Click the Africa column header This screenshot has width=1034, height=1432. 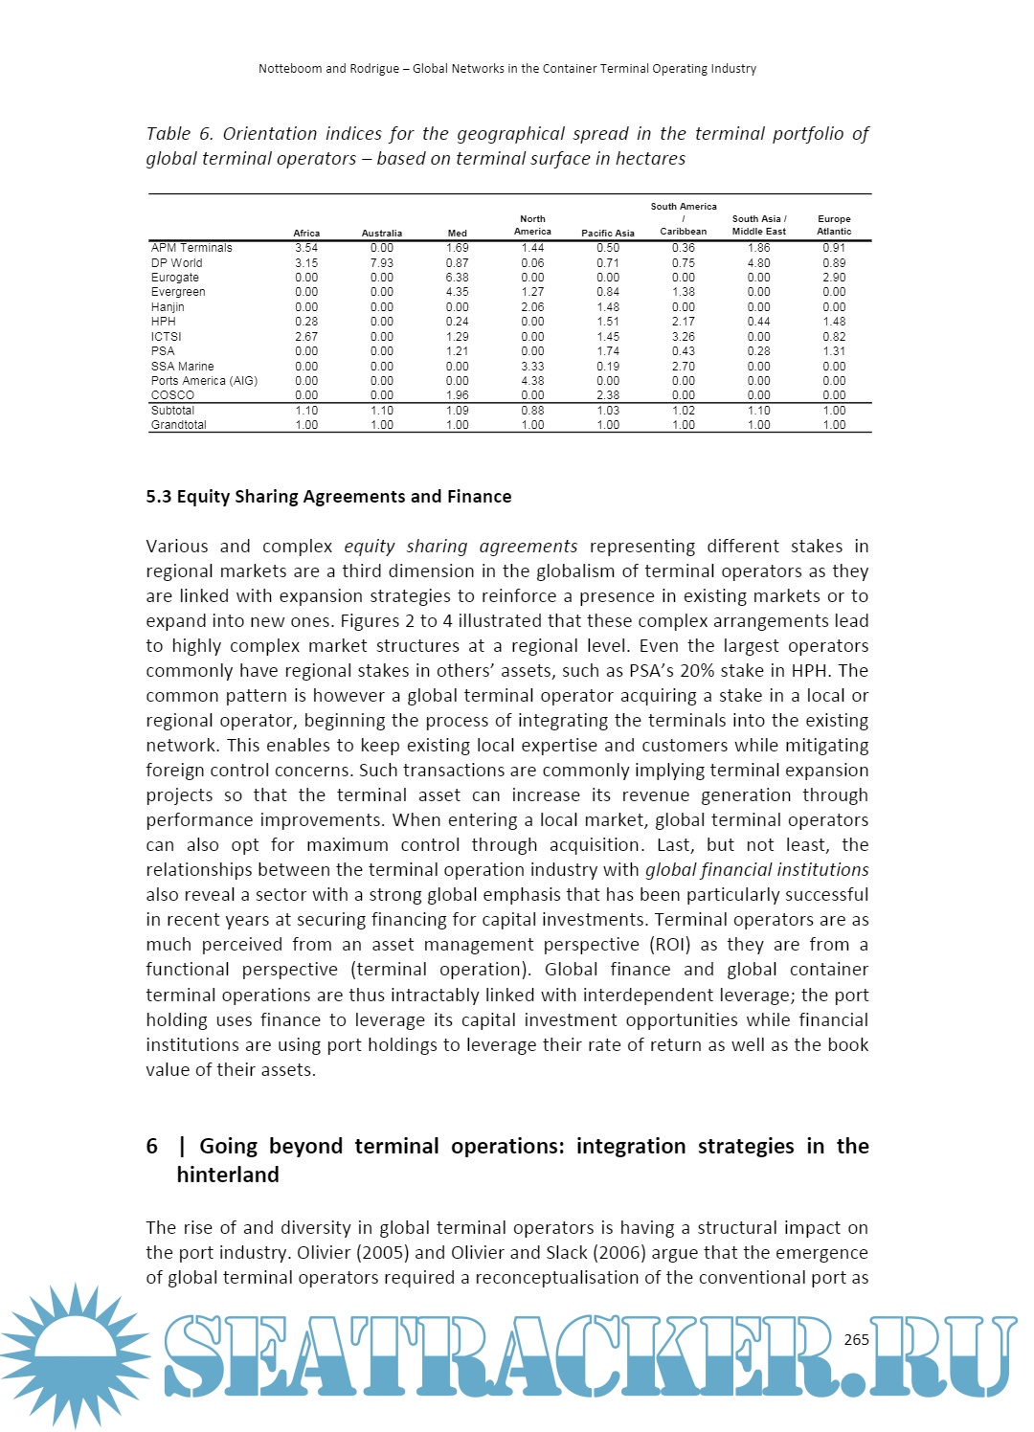pyautogui.click(x=306, y=234)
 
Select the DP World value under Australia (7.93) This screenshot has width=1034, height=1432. pyautogui.click(x=382, y=263)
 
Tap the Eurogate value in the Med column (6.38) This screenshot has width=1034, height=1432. pyautogui.click(x=458, y=278)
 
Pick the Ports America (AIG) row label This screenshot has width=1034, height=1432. pyautogui.click(x=204, y=381)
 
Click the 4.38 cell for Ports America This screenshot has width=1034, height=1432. pyautogui.click(x=532, y=381)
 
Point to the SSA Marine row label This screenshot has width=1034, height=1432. pyautogui.click(x=182, y=367)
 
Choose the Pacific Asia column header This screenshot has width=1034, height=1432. pyautogui.click(x=608, y=234)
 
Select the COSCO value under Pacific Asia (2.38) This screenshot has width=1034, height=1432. pyautogui.click(x=608, y=395)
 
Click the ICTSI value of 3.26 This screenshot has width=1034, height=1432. pyautogui.click(x=684, y=337)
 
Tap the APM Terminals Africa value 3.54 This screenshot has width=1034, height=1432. pyautogui.click(x=306, y=248)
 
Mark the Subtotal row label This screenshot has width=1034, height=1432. pyautogui.click(x=172, y=411)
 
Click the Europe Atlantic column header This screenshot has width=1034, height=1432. pyautogui.click(x=834, y=225)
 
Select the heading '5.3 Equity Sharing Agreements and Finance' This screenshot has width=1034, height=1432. pyautogui.click(x=328, y=497)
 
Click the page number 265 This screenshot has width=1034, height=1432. pyautogui.click(x=857, y=1339)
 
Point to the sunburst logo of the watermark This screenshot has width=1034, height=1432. pyautogui.click(x=75, y=1354)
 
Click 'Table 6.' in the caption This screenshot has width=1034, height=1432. pyautogui.click(x=179, y=134)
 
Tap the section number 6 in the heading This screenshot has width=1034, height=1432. pyautogui.click(x=152, y=1147)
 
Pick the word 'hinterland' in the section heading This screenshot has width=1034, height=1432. pyautogui.click(x=228, y=1175)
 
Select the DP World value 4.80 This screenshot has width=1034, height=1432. pyautogui.click(x=758, y=263)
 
